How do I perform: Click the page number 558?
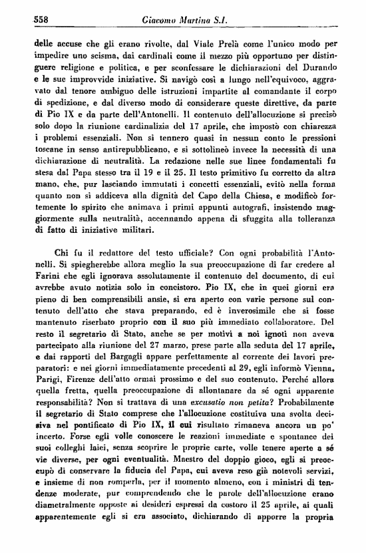pyautogui.click(x=25, y=21)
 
